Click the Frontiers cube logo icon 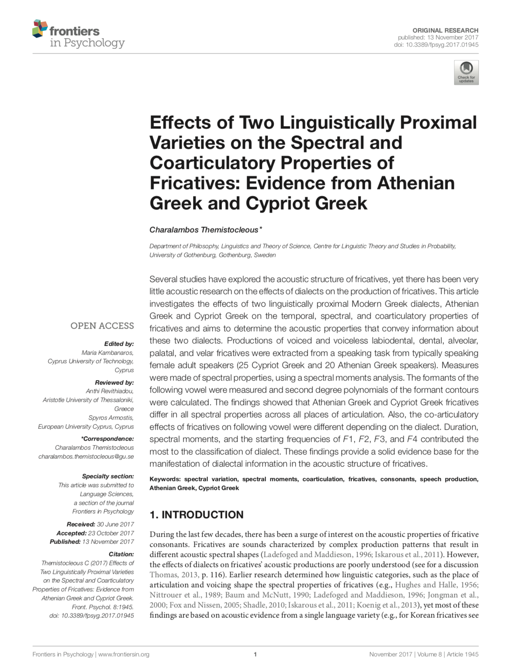(40, 29)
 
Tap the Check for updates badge (466, 73)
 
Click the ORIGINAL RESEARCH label (445, 30)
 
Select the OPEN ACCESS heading (102, 326)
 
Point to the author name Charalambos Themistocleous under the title (204, 230)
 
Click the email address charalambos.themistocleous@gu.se (86, 456)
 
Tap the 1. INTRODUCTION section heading (196, 514)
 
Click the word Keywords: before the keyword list (165, 479)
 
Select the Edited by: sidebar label (119, 344)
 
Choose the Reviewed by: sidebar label (114, 382)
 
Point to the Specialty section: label (108, 476)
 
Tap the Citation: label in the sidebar (121, 554)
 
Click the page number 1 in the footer (255, 654)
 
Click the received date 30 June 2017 (115, 524)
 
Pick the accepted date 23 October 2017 (111, 533)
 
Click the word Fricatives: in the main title (195, 183)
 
